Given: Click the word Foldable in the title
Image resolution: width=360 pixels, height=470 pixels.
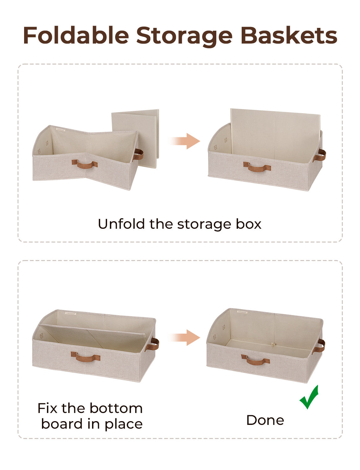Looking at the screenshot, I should tap(76, 35).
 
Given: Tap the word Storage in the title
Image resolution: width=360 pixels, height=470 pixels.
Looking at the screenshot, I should tap(184, 35).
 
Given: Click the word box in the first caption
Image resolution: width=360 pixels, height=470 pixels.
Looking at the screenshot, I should tap(249, 224).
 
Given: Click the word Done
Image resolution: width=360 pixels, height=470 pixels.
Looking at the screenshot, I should tap(265, 420).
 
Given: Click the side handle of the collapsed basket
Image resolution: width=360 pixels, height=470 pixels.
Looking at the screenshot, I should tap(138, 154).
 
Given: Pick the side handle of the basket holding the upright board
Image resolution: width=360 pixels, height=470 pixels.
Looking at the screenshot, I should tap(320, 155).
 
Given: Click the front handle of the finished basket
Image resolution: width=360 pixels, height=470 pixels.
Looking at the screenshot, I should tap(255, 360).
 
